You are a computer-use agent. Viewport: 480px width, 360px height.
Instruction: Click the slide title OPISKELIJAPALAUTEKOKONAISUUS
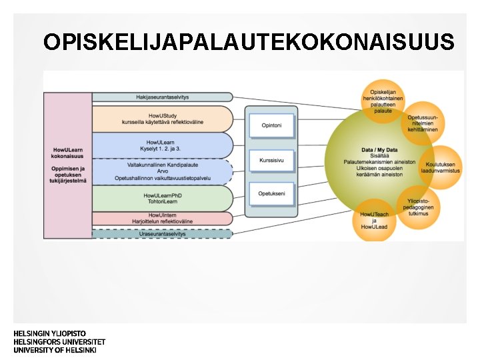[x=249, y=42]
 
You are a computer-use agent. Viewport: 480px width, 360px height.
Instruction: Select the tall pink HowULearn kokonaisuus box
[x=68, y=164]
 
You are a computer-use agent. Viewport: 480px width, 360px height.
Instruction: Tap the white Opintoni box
[x=271, y=123]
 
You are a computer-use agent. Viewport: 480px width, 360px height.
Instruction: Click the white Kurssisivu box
[x=271, y=160]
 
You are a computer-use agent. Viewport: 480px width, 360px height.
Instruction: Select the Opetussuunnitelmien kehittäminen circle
[x=424, y=123]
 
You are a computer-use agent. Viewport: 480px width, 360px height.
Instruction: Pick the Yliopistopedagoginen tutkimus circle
[x=421, y=207]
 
